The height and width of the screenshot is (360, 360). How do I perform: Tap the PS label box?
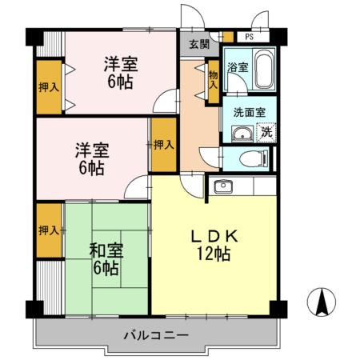tap(250, 36)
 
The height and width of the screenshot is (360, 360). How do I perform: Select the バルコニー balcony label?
tap(155, 334)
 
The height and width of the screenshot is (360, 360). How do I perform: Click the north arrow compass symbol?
tap(322, 302)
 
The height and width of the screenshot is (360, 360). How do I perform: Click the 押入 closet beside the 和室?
tap(48, 230)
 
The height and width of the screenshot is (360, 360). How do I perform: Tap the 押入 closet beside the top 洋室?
tap(48, 86)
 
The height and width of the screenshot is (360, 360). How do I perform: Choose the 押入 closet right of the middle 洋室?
tap(164, 145)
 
